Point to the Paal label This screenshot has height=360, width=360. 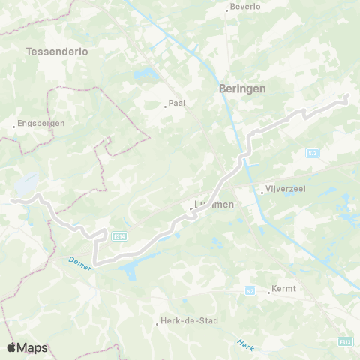177,104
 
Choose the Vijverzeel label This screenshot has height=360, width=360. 283,190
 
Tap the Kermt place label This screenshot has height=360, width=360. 285,289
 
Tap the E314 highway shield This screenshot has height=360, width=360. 118,235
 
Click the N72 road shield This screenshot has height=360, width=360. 313,152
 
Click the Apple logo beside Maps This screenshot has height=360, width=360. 11,347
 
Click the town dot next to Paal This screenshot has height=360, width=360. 166,106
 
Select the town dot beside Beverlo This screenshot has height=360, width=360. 227,10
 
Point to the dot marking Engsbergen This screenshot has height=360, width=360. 14,125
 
